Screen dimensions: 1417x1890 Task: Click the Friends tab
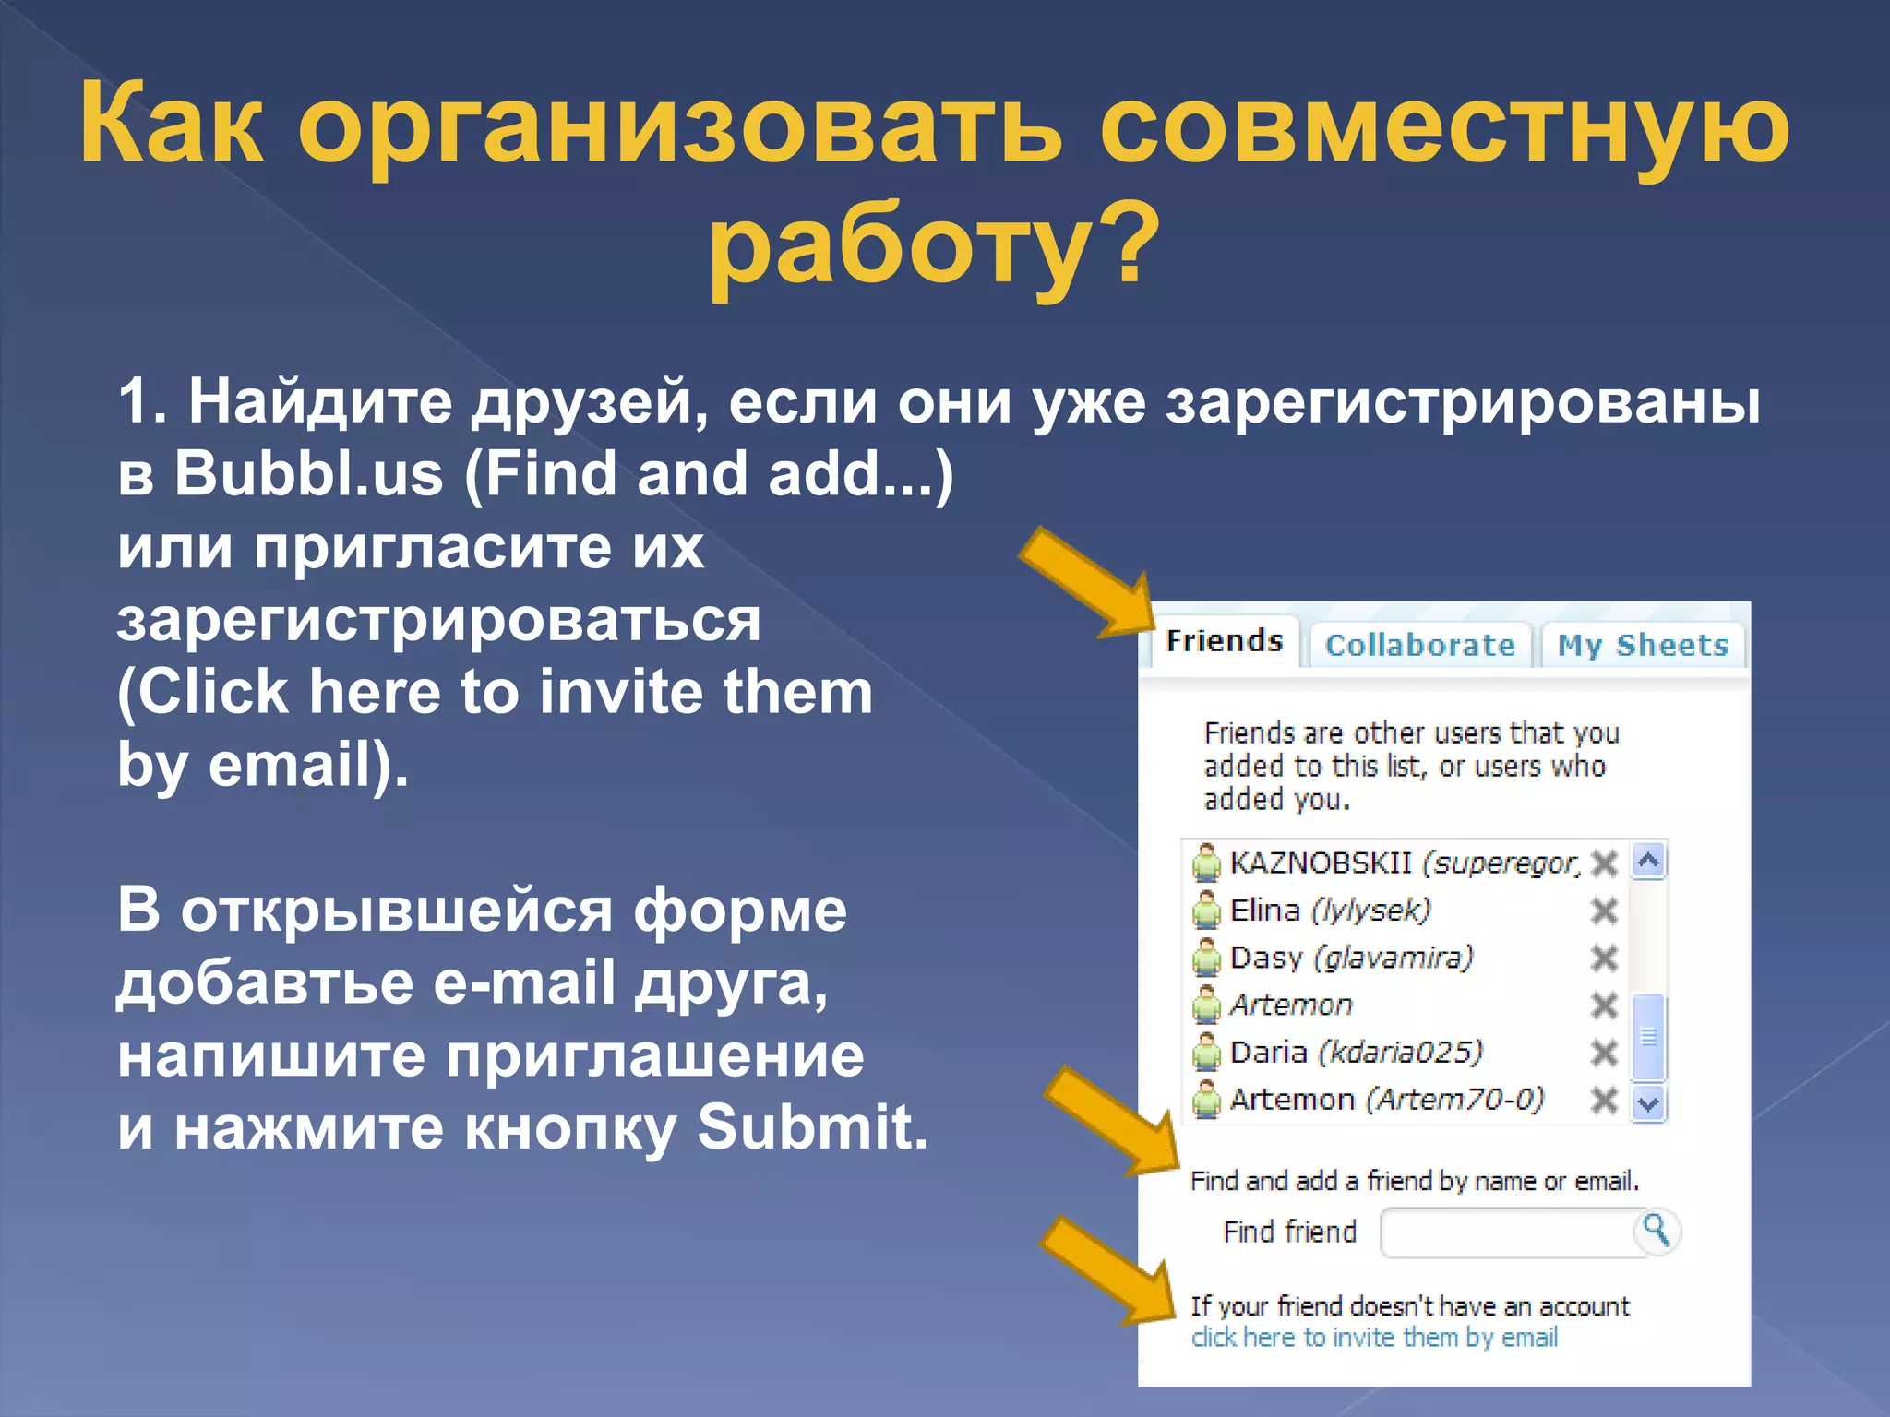point(1224,641)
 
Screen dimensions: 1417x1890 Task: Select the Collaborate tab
point(1419,645)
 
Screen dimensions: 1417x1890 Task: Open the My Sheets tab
point(1643,645)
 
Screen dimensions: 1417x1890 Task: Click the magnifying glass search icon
point(1657,1230)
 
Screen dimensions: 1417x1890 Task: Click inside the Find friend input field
point(1506,1232)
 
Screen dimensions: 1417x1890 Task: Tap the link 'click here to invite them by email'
point(1373,1337)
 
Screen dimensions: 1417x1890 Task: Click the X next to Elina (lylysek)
point(1605,911)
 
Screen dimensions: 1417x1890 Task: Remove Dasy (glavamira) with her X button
point(1605,959)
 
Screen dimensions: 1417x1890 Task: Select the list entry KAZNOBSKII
point(1320,863)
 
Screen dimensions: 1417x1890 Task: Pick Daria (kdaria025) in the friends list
point(1355,1053)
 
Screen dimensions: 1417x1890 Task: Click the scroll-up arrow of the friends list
point(1648,862)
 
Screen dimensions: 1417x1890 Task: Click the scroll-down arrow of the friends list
point(1648,1102)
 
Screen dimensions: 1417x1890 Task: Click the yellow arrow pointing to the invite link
point(1107,1273)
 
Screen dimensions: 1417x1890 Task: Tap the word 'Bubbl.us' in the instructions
point(308,474)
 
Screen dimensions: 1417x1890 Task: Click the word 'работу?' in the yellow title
point(932,244)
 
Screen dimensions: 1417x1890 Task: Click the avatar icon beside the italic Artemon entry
point(1205,1006)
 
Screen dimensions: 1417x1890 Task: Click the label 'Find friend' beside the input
point(1289,1232)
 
